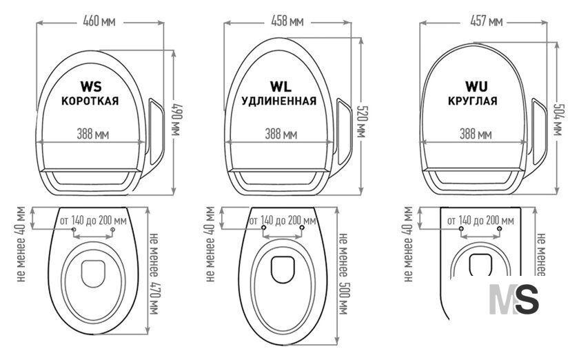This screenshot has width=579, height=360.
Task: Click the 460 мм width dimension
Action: pos(99,21)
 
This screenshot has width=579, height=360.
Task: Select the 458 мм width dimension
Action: pos(287,21)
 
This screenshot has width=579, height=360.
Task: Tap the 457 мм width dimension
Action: pos(487,21)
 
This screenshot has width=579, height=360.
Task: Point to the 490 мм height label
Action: pos(178,121)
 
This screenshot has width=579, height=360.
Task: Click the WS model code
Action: pos(91,86)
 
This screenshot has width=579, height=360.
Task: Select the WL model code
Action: pos(281,86)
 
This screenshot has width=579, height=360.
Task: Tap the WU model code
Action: pos(476,86)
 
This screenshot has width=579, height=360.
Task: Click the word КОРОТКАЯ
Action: pos(90,101)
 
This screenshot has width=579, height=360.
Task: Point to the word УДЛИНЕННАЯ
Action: pos(279,101)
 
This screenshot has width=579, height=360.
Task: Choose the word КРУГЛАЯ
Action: pos(473,101)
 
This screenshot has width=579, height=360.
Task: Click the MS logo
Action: pos(514,299)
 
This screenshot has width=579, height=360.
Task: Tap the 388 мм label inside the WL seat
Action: pos(281,134)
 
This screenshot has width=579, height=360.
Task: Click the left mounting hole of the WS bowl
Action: pos(74,230)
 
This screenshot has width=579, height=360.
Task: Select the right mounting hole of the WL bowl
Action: pos(302,228)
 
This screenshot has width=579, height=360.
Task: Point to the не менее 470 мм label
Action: pos(154,274)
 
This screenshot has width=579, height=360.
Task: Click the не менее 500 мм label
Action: pos(343,274)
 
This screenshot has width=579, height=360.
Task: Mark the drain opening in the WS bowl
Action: pos(93,274)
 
